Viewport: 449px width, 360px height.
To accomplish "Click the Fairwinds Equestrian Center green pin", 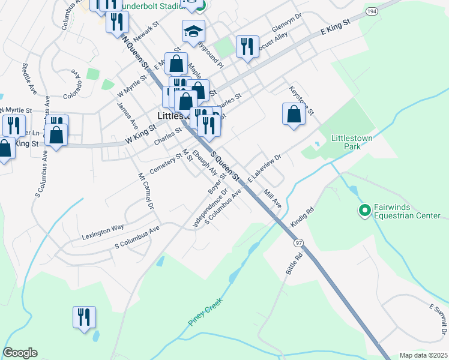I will click(x=364, y=211).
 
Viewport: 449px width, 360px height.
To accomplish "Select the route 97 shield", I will click(x=298, y=243).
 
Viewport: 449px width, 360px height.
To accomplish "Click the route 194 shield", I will click(x=372, y=11).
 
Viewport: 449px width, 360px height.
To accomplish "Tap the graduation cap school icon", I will click(x=193, y=32).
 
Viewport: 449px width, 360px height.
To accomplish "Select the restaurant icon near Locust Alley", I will click(x=247, y=46).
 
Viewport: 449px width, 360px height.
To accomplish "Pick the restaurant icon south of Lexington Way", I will click(x=83, y=317).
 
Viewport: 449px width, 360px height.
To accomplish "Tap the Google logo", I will click(x=20, y=353).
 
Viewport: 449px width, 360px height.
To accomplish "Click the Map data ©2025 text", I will click(x=423, y=355).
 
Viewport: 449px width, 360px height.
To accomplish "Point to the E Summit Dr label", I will click(x=438, y=319).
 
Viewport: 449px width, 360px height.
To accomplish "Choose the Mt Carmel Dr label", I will click(x=146, y=191).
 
